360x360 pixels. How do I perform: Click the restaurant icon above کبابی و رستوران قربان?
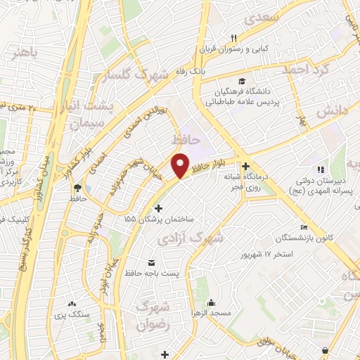tap(234, 37)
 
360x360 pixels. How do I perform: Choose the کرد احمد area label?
tap(305, 70)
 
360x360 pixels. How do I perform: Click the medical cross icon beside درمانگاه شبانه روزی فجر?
tap(245, 166)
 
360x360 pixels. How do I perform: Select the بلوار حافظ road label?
tap(211, 166)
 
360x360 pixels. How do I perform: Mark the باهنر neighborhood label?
tap(19, 51)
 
